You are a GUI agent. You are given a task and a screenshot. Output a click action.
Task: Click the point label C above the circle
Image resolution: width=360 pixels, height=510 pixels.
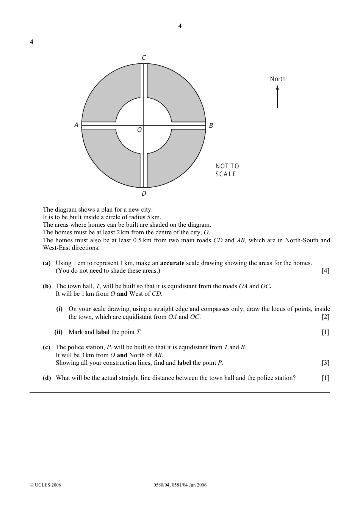[x=144, y=58]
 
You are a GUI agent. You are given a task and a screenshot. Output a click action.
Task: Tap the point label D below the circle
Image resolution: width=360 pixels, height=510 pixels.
[x=144, y=194]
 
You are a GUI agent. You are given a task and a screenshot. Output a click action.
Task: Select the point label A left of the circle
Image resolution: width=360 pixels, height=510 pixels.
[x=76, y=125]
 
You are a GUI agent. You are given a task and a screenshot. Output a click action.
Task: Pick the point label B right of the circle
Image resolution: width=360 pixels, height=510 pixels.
[x=211, y=126]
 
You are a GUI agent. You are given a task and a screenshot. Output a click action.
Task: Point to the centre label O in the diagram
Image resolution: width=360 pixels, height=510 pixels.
[x=139, y=130]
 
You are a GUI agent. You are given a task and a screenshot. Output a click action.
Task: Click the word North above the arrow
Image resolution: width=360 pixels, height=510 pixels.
[x=278, y=79]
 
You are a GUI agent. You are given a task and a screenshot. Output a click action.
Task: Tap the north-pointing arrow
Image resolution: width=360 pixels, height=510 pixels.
[x=277, y=97]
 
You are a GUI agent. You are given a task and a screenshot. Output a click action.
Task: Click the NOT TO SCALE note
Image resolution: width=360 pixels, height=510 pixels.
[x=227, y=170]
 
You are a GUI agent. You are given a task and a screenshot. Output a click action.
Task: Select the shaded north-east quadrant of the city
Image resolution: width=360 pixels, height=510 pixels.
[x=178, y=95]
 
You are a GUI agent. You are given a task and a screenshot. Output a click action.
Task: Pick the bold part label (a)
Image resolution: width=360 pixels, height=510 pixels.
[x=47, y=263]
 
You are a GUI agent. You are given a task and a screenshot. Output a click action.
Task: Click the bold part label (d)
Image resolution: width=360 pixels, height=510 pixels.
[x=47, y=378]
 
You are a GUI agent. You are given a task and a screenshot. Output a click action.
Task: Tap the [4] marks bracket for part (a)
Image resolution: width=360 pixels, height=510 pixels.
[x=326, y=271]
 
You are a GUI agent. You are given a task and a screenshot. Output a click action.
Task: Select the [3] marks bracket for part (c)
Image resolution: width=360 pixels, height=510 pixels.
[x=326, y=363]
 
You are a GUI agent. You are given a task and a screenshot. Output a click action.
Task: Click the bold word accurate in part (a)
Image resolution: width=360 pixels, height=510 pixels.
[x=172, y=263]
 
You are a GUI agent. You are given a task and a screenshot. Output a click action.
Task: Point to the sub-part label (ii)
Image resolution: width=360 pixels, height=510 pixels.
[x=58, y=332]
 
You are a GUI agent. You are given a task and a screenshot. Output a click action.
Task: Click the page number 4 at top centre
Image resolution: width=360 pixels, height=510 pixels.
[x=180, y=26]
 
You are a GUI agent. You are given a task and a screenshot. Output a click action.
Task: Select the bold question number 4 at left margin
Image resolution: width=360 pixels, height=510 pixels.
[x=31, y=42]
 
